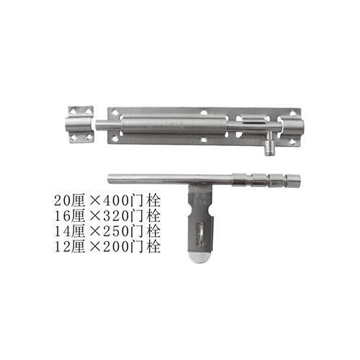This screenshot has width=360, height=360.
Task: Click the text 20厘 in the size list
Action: tap(69, 201)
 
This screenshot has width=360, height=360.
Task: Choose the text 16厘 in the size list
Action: tap(69, 216)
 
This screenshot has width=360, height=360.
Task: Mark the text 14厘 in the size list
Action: tap(69, 231)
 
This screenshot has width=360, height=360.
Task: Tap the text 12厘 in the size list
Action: tap(69, 246)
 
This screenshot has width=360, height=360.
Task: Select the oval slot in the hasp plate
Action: tap(199, 234)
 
